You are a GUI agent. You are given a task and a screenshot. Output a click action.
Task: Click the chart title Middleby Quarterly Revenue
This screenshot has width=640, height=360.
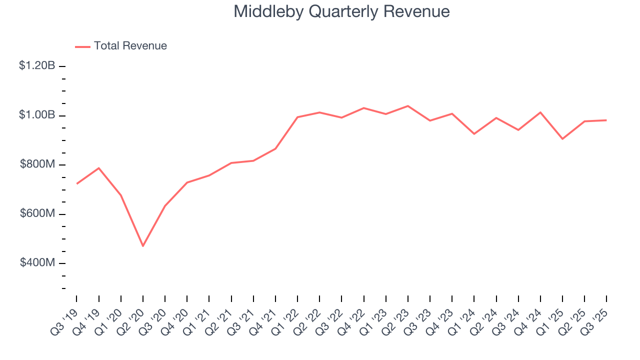(x=341, y=11)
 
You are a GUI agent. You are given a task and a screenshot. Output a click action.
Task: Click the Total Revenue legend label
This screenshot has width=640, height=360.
(x=130, y=46)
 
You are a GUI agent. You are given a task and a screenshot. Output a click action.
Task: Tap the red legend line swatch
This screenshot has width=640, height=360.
(x=82, y=46)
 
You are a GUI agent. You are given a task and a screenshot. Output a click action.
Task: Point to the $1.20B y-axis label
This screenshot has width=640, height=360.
(x=37, y=65)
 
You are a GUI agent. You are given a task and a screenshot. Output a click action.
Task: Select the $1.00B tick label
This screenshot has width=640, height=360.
(x=37, y=115)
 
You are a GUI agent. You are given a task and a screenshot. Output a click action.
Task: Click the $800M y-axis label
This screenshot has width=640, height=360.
(x=37, y=164)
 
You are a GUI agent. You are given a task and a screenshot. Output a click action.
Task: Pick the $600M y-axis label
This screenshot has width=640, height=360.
(x=37, y=213)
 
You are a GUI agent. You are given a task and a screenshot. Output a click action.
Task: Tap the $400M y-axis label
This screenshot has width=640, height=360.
(x=37, y=263)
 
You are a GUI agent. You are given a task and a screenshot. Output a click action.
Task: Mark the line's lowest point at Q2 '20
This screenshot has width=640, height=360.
(x=143, y=246)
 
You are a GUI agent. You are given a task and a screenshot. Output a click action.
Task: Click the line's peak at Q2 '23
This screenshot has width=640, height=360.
(x=408, y=106)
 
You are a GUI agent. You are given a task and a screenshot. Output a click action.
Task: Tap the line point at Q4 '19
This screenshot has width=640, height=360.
(x=99, y=168)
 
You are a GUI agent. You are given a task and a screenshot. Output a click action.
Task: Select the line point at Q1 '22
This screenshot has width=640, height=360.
(x=297, y=117)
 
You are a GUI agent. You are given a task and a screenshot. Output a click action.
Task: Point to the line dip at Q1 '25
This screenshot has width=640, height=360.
(x=562, y=139)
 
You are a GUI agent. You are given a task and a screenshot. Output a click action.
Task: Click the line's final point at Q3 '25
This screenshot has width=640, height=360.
(x=606, y=120)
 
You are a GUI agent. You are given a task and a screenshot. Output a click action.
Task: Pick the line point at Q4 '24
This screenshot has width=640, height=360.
(x=540, y=112)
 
